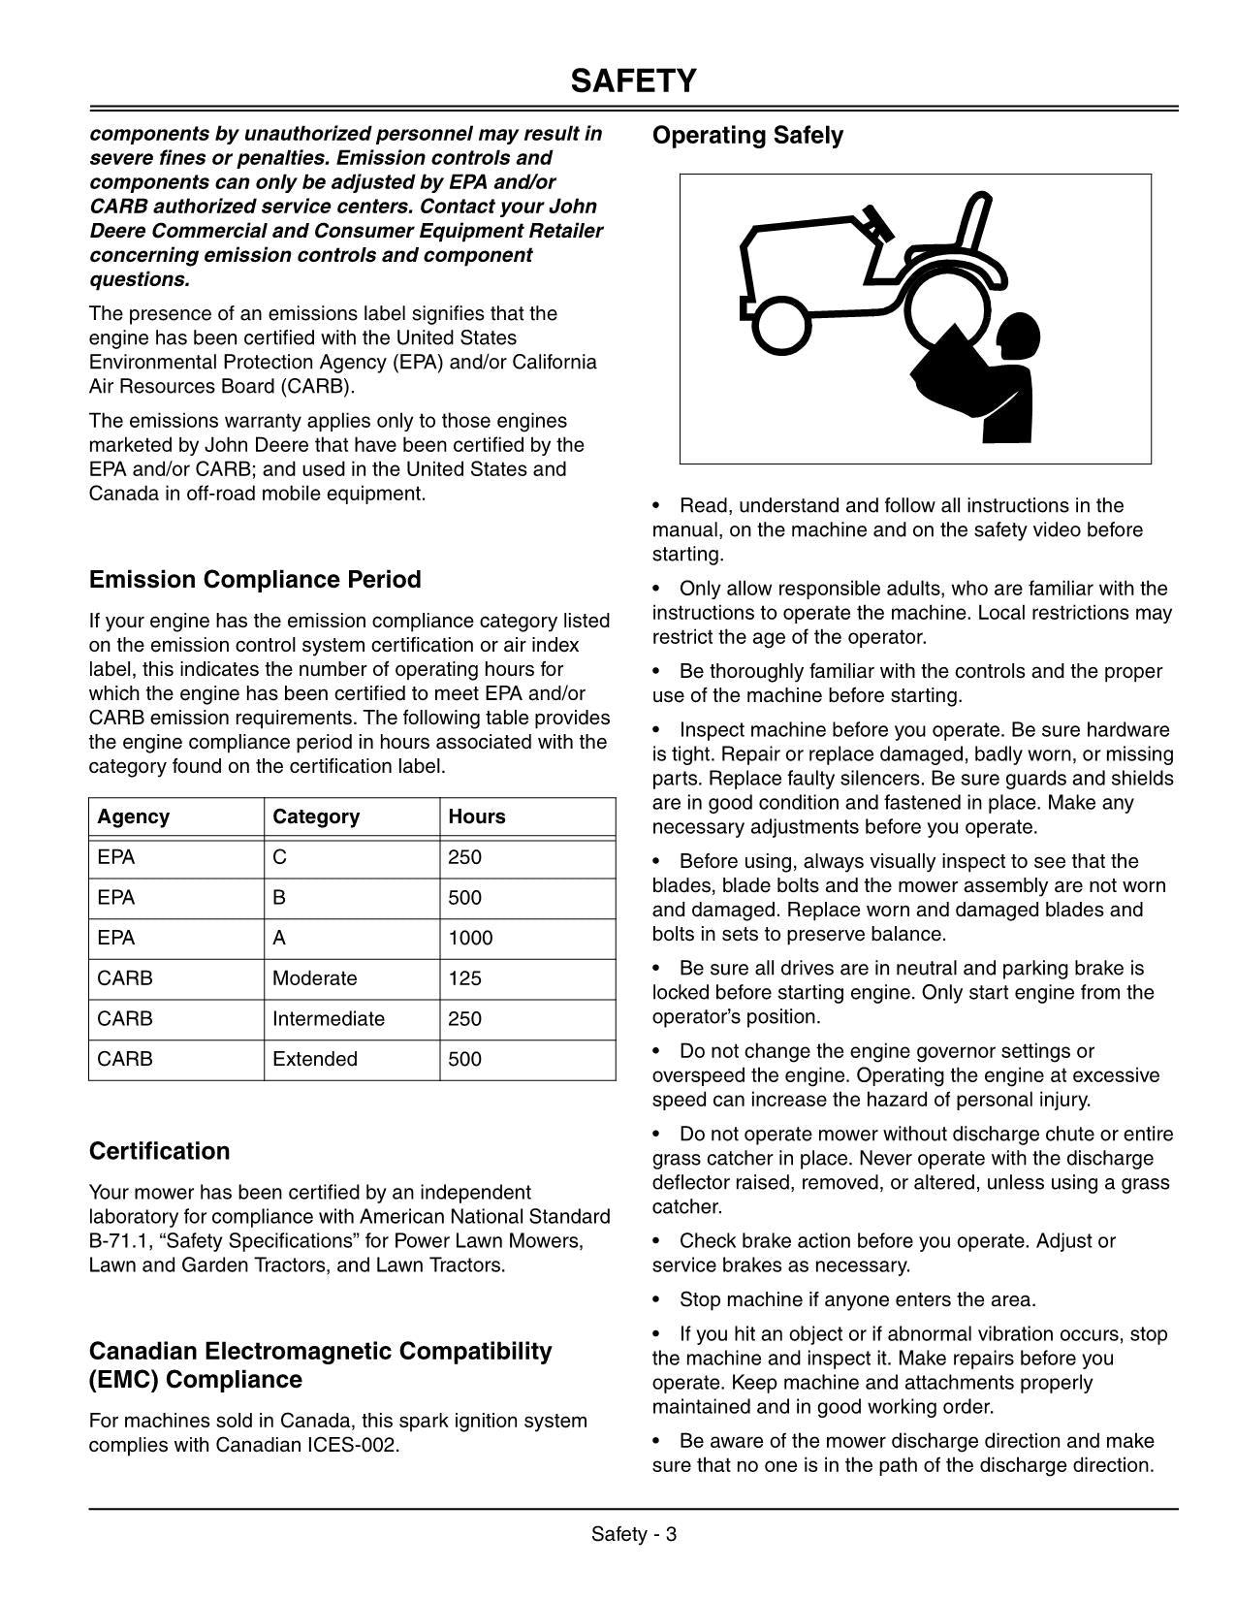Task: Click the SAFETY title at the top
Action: (633, 81)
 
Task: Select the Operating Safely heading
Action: (747, 136)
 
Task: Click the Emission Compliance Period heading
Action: (255, 580)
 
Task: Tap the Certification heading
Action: (159, 1151)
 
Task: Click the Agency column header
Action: (134, 817)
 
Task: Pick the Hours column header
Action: (477, 817)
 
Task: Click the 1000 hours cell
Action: (470, 939)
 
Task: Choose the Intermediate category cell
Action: (329, 1019)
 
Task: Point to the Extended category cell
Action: (315, 1060)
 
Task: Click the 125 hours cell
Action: (465, 978)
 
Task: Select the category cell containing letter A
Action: (279, 939)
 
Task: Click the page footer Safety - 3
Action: (634, 1534)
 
